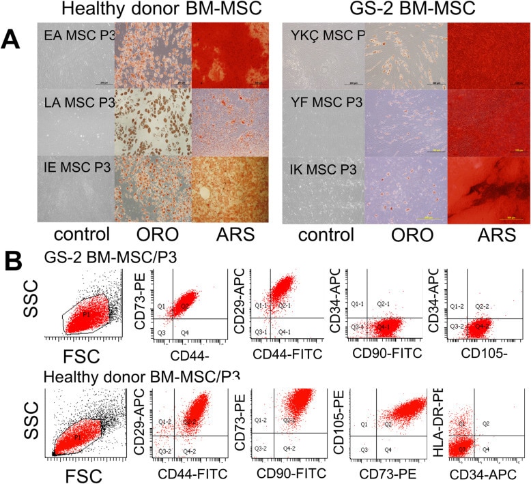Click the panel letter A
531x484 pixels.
12,39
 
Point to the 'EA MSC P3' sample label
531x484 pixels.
75,35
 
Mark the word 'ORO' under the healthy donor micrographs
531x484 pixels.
152,235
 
